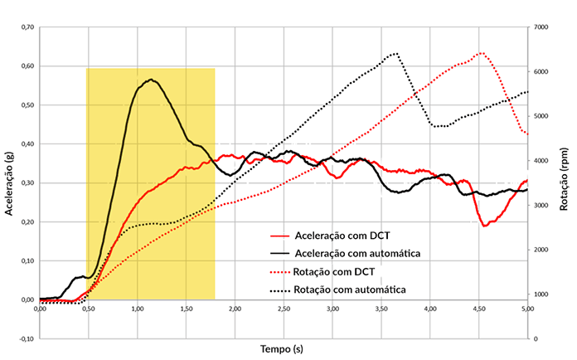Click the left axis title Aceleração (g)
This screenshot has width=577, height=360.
tap(9, 183)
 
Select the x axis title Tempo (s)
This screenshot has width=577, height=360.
tap(283, 348)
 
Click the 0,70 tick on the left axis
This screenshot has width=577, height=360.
tap(26, 27)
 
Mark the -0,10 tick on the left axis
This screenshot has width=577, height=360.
tap(25, 338)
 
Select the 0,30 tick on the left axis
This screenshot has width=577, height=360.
tap(26, 183)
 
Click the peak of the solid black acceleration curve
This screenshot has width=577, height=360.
tap(151, 80)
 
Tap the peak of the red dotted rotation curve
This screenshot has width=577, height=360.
tap(481, 53)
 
